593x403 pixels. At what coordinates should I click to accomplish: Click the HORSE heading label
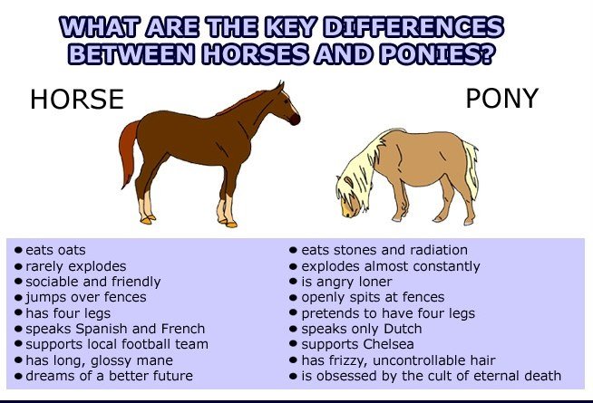(x=77, y=99)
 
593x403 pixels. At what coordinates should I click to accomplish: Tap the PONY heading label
(x=501, y=98)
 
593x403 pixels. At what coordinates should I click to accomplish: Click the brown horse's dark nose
(x=295, y=120)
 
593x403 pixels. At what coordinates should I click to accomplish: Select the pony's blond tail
(x=471, y=168)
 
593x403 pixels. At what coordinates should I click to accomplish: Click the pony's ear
(x=348, y=182)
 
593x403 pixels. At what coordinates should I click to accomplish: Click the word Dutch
(x=403, y=329)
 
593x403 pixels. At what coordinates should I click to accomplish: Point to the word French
(x=182, y=329)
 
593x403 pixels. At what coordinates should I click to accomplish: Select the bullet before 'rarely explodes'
(x=18, y=266)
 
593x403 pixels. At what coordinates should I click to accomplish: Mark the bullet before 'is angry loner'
(x=293, y=282)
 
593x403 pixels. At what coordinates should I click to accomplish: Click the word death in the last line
(x=542, y=376)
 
